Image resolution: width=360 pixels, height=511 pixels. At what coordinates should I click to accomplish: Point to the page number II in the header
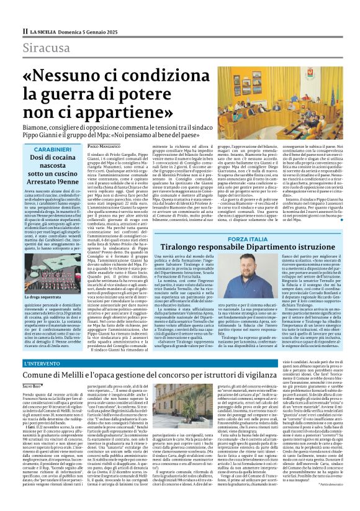coord(25,30)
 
